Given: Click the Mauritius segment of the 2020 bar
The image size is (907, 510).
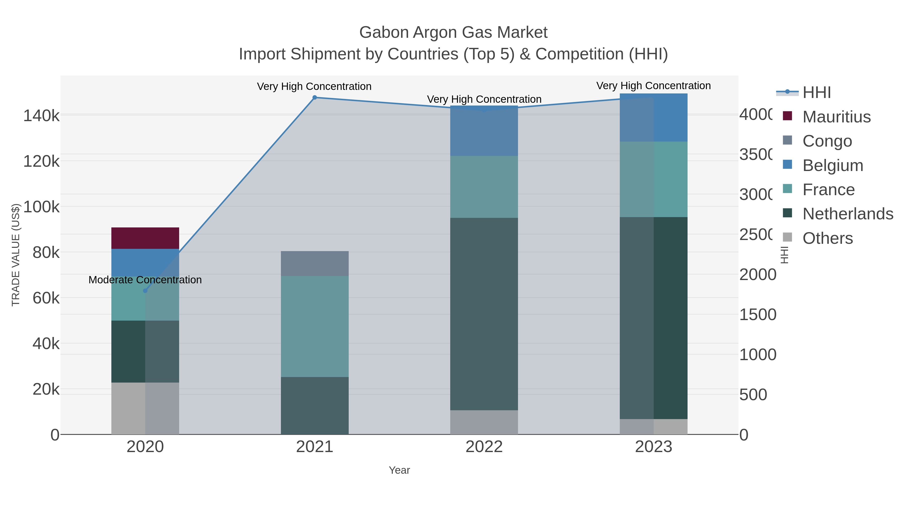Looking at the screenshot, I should tap(145, 238).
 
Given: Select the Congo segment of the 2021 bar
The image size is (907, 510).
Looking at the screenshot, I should tap(314, 264).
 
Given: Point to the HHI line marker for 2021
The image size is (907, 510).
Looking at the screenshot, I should tap(314, 97).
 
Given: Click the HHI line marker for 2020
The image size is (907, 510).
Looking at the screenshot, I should tap(145, 291).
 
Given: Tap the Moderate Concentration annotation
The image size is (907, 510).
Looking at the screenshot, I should tap(145, 280).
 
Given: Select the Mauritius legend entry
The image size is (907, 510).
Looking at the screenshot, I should tap(836, 117).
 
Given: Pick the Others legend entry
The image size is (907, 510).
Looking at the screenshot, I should tap(827, 238).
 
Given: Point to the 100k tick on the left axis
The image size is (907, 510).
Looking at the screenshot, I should tap(41, 207).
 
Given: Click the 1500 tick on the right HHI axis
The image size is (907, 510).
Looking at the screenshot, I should tap(757, 315).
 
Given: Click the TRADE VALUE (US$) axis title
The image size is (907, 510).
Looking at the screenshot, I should tap(16, 255).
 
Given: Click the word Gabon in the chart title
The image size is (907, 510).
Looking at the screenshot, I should tap(383, 32).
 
